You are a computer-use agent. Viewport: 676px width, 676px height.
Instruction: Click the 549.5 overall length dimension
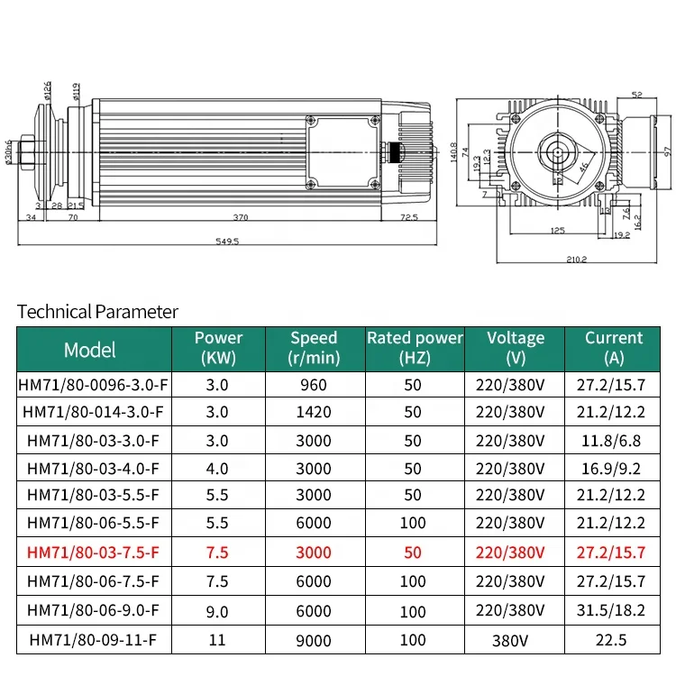227,241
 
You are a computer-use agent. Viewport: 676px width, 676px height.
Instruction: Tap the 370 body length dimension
241,217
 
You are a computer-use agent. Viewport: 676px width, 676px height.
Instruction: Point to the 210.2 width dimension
577,259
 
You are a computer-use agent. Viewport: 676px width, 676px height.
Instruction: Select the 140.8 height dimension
453,152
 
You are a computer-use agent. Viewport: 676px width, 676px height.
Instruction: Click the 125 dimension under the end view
557,230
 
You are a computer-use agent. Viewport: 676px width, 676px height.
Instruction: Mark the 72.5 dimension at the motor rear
408,217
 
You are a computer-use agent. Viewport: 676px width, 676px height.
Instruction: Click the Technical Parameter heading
97,312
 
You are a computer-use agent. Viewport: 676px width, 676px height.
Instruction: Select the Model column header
89,350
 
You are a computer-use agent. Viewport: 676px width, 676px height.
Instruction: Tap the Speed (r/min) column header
314,348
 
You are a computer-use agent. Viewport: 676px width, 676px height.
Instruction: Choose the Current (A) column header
614,348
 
